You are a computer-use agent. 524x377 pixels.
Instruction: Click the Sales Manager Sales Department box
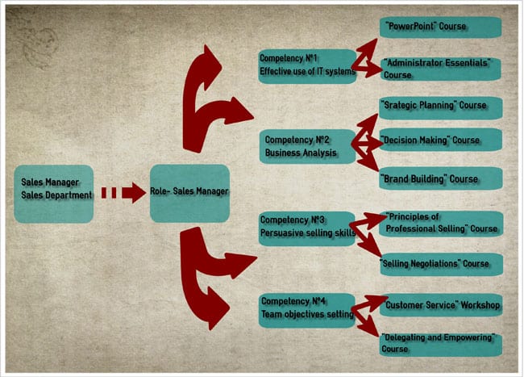coord(54,194)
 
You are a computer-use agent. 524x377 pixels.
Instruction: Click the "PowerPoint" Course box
coord(440,26)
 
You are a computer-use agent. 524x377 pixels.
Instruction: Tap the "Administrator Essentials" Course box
coord(440,69)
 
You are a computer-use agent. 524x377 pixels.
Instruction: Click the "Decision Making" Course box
coord(440,140)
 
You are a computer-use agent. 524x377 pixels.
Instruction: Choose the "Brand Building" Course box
coord(440,179)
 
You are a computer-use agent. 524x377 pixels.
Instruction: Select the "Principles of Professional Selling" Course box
coord(440,223)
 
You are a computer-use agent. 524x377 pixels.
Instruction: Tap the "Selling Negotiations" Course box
coord(440,264)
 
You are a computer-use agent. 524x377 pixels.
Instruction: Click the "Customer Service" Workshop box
coord(440,305)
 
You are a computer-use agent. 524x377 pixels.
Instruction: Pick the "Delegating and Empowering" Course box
coord(440,343)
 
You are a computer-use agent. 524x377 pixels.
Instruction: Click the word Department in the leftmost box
coord(70,195)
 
